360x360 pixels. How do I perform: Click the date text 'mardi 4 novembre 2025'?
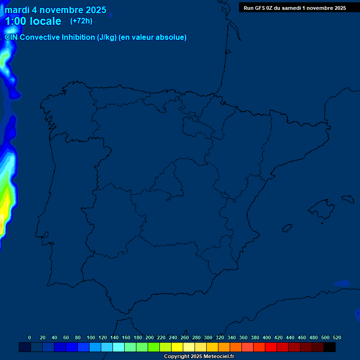click(x=55, y=10)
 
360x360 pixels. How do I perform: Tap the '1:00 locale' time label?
click(x=33, y=21)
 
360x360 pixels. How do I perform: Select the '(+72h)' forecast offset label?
click(x=81, y=21)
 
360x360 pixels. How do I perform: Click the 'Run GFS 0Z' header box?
click(x=294, y=7)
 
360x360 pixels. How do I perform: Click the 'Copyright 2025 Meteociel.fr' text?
click(x=199, y=357)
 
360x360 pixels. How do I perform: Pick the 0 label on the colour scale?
click(x=30, y=337)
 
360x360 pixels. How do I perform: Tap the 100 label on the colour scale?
click(x=91, y=337)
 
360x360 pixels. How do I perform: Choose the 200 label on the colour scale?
click(x=150, y=337)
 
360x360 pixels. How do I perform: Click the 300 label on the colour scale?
click(x=208, y=337)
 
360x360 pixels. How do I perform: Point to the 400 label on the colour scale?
click(x=267, y=337)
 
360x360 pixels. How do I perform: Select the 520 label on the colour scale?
click(x=337, y=337)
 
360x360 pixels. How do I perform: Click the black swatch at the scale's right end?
click(x=330, y=347)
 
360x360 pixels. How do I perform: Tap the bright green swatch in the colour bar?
click(x=154, y=347)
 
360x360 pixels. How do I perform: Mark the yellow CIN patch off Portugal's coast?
click(x=4, y=206)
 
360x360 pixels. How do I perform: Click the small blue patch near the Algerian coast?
click(x=342, y=283)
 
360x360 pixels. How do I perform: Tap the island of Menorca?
click(x=347, y=199)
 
